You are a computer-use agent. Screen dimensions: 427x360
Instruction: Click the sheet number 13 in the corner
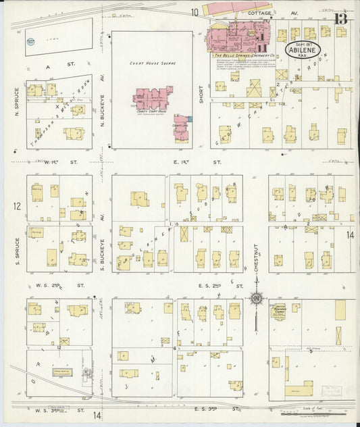341,18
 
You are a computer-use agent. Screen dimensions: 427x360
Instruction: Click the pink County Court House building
151,99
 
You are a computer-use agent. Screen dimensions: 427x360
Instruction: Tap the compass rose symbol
257,298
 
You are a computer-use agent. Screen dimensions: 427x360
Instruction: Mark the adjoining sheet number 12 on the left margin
18,205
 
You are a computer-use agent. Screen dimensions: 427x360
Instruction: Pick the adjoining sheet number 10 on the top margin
194,11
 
